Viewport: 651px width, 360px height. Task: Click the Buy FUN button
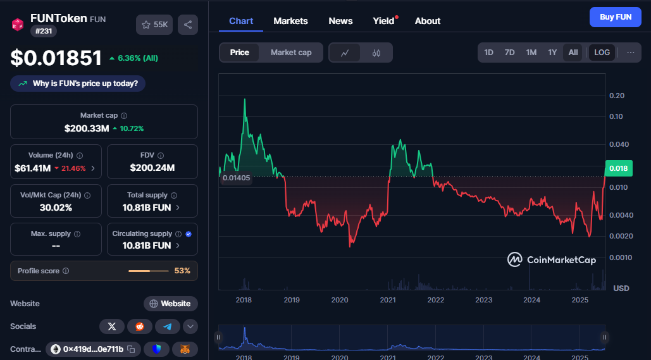pyautogui.click(x=616, y=17)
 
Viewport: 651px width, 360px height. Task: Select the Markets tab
pyautogui.click(x=290, y=21)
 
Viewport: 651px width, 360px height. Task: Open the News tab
pyautogui.click(x=340, y=21)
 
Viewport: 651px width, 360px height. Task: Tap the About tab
pyautogui.click(x=428, y=21)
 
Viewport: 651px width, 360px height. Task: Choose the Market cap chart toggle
pyautogui.click(x=291, y=53)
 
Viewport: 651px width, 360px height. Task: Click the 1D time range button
pyautogui.click(x=488, y=53)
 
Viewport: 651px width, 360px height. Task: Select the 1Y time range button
pyautogui.click(x=552, y=53)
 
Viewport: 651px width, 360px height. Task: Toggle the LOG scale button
pyautogui.click(x=602, y=53)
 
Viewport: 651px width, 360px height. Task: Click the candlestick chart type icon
pyautogui.click(x=376, y=53)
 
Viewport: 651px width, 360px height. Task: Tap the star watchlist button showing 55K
pyautogui.click(x=154, y=25)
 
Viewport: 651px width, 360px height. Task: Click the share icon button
pyautogui.click(x=188, y=25)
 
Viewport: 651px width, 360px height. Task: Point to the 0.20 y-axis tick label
pyautogui.click(x=617, y=96)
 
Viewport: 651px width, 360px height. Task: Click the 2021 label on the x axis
pyautogui.click(x=388, y=300)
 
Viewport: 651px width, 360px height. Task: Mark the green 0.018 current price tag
pyautogui.click(x=619, y=168)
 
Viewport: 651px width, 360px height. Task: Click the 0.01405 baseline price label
pyautogui.click(x=236, y=178)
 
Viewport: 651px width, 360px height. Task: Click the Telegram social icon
pyautogui.click(x=167, y=326)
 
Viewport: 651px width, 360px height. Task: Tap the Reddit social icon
pyautogui.click(x=139, y=326)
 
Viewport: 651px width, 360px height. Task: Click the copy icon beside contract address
pyautogui.click(x=131, y=349)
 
